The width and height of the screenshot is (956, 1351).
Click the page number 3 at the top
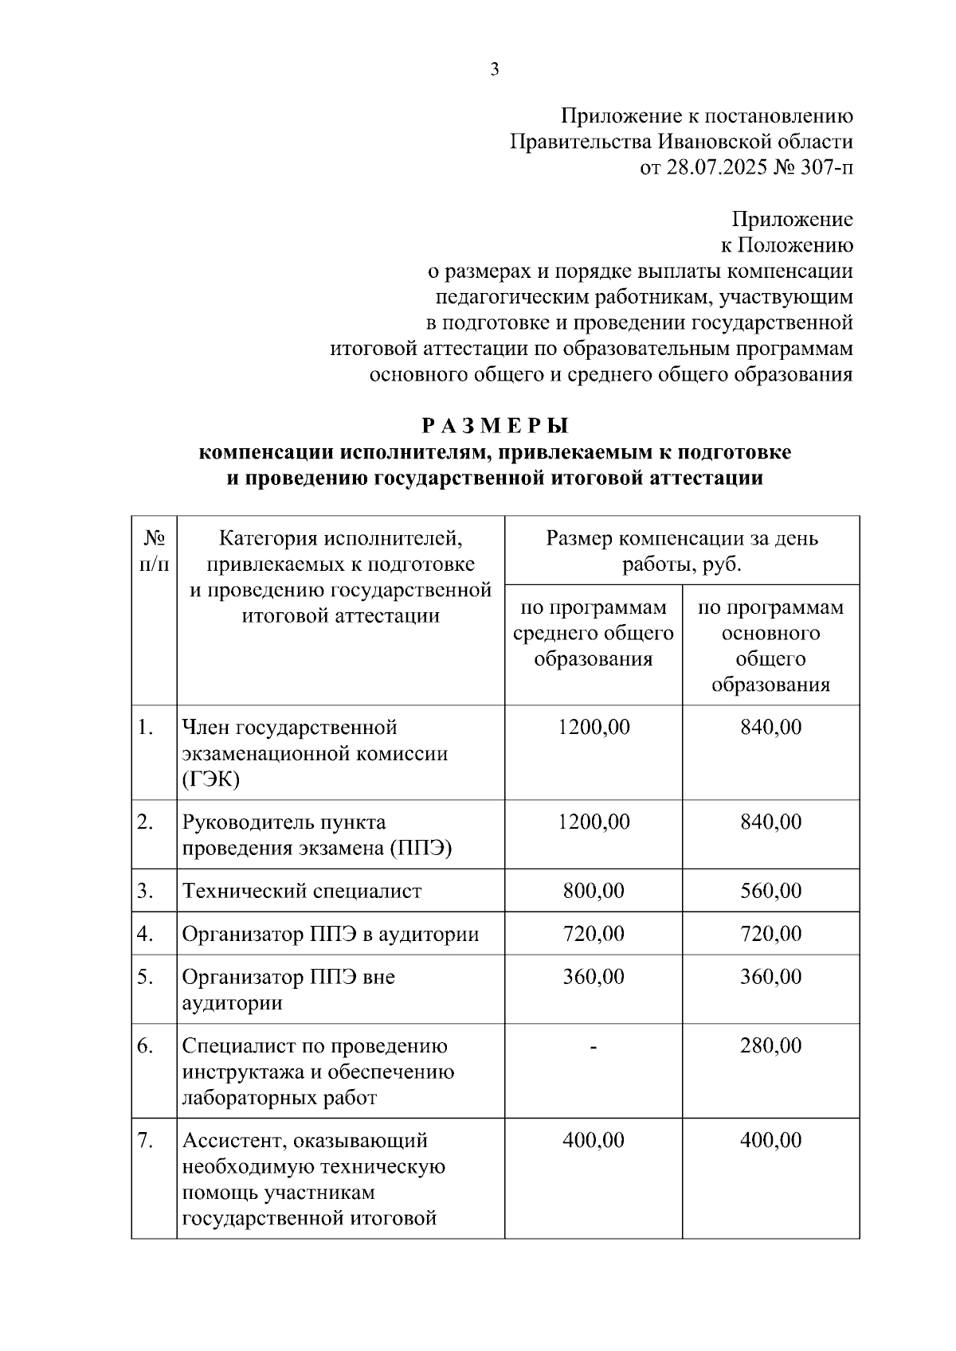494,70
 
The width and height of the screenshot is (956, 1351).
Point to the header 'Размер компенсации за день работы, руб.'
682,551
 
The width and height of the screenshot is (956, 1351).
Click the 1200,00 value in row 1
594,728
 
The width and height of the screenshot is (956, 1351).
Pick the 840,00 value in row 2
770,822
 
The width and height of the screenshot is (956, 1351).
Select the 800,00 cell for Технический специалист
594,891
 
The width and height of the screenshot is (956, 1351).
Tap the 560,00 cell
770,891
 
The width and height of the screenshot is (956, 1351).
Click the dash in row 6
594,1046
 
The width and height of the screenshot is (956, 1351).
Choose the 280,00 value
770,1046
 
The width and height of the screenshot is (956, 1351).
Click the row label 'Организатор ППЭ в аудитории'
331,934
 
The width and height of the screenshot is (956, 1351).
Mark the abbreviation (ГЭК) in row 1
210,779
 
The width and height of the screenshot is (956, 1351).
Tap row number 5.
145,977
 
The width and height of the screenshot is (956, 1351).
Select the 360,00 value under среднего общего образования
594,977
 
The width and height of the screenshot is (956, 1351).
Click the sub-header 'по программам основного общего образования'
770,646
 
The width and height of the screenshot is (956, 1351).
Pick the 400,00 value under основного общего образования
770,1141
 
